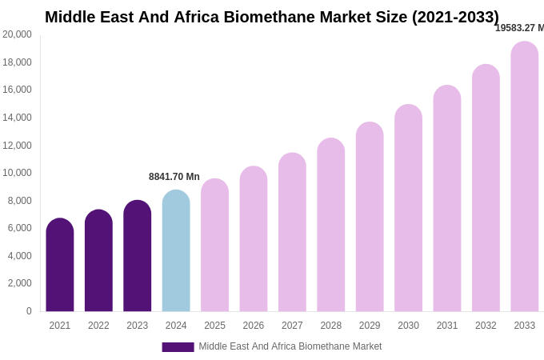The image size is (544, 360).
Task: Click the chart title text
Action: click(271, 17)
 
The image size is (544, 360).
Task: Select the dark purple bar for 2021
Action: click(60, 265)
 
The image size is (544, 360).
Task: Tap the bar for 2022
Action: click(98, 261)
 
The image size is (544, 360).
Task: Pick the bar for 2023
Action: click(137, 256)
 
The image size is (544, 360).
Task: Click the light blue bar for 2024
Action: click(176, 251)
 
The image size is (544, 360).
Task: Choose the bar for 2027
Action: click(292, 233)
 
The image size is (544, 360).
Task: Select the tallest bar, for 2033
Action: click(524, 177)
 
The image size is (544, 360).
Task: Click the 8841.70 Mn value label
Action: click(174, 177)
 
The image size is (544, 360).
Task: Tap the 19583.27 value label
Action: click(519, 28)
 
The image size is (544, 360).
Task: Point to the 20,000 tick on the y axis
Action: click(17, 34)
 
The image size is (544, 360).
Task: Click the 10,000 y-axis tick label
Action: click(17, 173)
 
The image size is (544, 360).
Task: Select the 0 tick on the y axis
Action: click(29, 311)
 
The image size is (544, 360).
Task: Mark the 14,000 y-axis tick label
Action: click(17, 118)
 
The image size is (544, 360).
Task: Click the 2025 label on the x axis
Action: click(214, 326)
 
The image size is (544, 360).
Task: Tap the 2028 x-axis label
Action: click(330, 326)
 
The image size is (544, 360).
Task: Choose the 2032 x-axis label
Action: click(486, 326)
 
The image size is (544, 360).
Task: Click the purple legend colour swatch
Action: click(178, 347)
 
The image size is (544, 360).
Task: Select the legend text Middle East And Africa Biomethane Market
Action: click(290, 346)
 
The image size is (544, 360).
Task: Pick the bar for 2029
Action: click(370, 217)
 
